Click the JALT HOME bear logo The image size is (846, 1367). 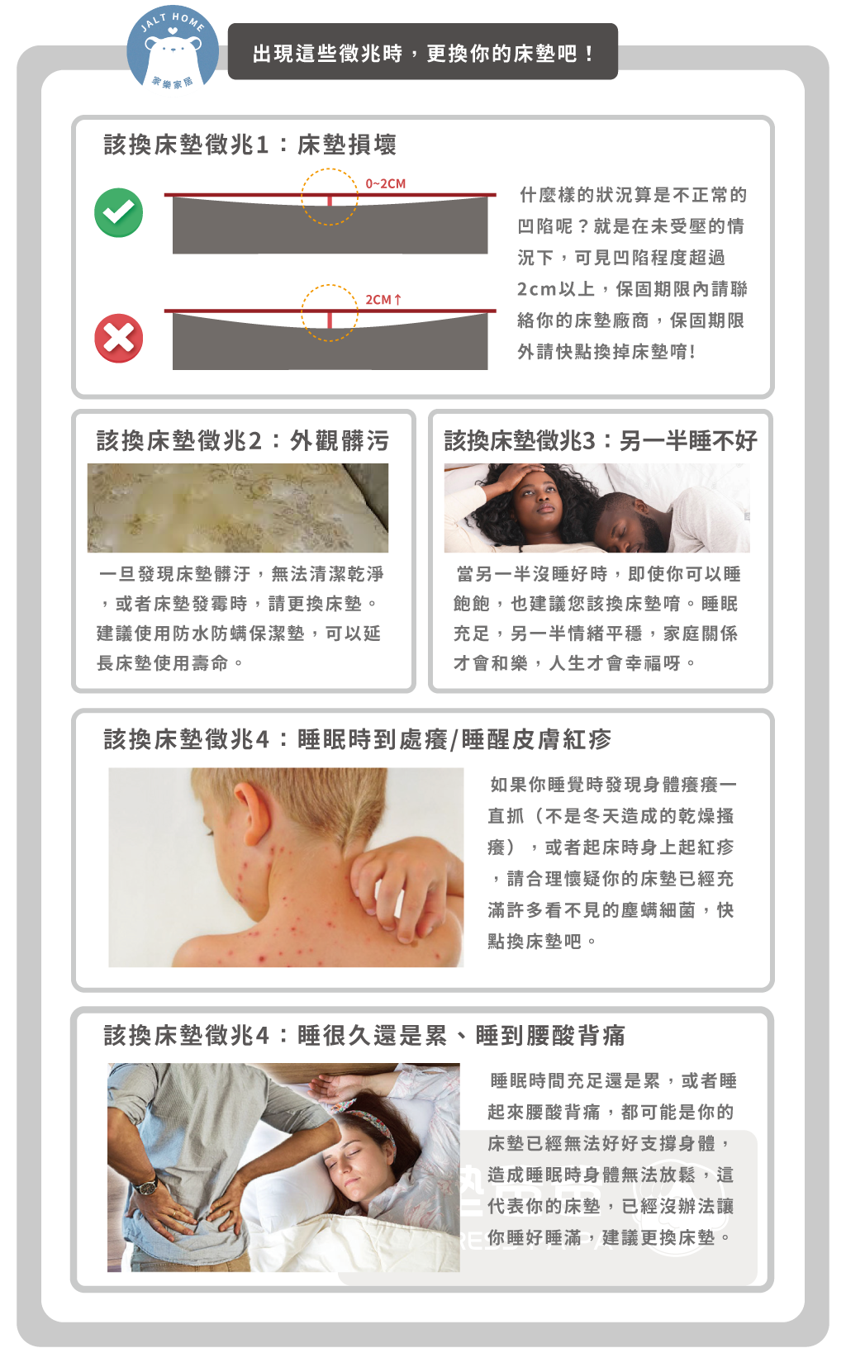(x=172, y=49)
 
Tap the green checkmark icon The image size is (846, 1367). (x=118, y=212)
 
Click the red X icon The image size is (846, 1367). (x=118, y=338)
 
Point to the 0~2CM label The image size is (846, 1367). (x=385, y=183)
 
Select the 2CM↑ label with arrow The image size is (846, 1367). (x=383, y=300)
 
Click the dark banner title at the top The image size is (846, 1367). (x=422, y=52)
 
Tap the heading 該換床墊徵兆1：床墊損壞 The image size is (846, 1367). (x=250, y=145)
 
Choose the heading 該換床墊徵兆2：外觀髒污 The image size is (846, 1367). (x=243, y=440)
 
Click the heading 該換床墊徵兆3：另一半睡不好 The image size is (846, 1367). (x=601, y=440)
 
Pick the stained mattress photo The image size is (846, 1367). (x=237, y=508)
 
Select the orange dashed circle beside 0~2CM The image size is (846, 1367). (x=302, y=197)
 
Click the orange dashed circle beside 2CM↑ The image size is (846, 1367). (x=302, y=312)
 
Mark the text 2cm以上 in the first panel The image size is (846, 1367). (x=555, y=288)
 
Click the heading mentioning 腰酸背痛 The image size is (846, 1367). (x=364, y=1035)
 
